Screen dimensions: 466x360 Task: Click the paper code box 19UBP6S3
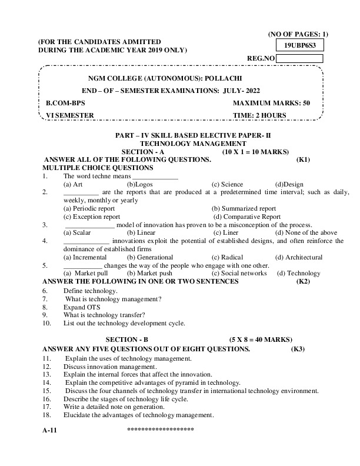tap(299, 45)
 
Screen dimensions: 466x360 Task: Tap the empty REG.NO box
tap(299, 58)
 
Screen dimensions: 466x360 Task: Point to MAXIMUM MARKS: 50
tap(271, 103)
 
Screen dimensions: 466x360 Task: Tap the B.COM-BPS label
tap(66, 103)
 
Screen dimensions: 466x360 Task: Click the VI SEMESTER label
tap(70, 115)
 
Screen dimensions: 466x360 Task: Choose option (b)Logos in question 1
tap(140, 184)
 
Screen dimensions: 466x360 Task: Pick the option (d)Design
tap(289, 184)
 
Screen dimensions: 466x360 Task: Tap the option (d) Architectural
tap(299, 257)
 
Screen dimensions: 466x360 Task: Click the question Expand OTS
tap(82, 307)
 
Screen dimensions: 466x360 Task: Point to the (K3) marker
tap(298, 349)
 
